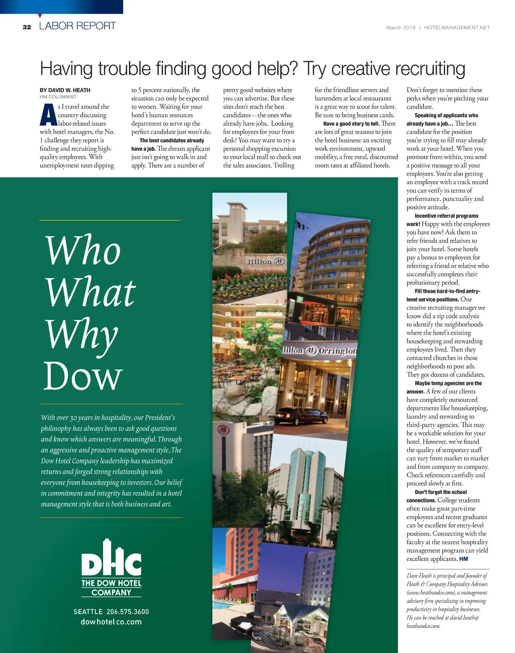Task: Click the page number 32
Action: tap(27, 27)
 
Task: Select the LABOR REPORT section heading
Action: tap(77, 26)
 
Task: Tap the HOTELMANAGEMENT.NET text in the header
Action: tap(457, 28)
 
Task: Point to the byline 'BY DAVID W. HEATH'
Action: tap(65, 90)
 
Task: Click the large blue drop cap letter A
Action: tap(48, 115)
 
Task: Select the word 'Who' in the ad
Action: tap(83, 250)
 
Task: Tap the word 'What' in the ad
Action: tap(91, 292)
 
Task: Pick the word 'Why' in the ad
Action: tap(82, 334)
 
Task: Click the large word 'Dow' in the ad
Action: tap(83, 376)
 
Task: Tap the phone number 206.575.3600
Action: tap(128, 612)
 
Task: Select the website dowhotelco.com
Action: tap(111, 622)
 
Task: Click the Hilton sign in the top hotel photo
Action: tap(266, 262)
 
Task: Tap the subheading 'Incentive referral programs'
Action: tap(446, 216)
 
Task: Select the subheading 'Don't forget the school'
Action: tap(441, 492)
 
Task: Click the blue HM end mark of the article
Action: tap(464, 559)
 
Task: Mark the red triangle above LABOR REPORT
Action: tap(40, 16)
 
